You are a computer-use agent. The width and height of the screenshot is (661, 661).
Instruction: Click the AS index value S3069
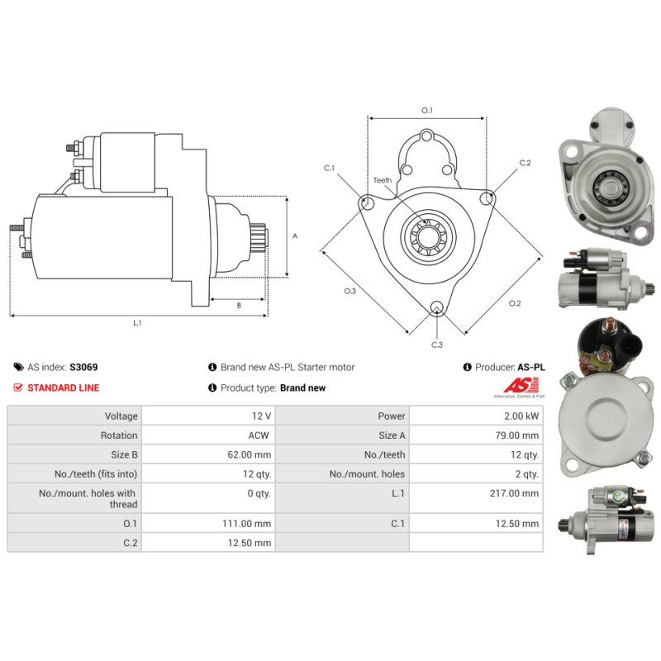point(83,367)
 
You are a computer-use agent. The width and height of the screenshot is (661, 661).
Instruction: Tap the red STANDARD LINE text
point(64,388)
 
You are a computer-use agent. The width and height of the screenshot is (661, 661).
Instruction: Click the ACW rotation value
point(259,435)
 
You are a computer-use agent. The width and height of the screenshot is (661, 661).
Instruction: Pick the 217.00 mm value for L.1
point(514,493)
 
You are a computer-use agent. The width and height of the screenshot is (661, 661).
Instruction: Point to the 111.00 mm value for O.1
point(246,524)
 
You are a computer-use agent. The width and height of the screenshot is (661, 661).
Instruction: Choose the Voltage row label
point(121,416)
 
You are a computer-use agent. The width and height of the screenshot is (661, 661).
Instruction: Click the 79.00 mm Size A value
point(517,435)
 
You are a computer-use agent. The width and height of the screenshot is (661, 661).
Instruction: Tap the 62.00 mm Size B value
point(250,455)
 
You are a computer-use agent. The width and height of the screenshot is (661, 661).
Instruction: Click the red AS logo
point(521,385)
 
